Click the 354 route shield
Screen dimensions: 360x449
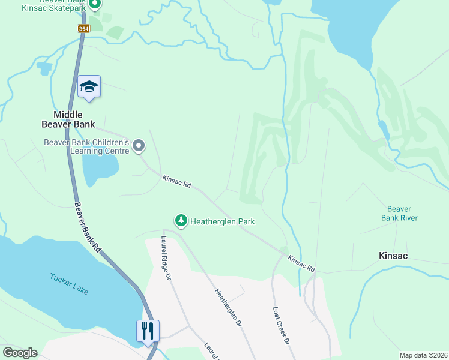coord(84,29)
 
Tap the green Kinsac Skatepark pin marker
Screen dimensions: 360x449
coord(95,5)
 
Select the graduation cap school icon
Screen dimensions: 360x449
coord(89,87)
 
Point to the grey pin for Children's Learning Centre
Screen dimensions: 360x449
coord(139,146)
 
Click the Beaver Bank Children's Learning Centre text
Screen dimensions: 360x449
coord(86,146)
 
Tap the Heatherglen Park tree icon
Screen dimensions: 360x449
coord(181,221)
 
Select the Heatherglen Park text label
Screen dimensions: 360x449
coord(222,221)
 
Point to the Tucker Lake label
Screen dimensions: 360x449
coord(69,284)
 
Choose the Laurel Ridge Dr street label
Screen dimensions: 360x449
coord(166,259)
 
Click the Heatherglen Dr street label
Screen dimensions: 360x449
coord(228,307)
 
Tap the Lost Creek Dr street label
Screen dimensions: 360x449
coord(280,325)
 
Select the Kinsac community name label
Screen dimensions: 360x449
coord(393,256)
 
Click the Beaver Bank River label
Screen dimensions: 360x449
coord(399,213)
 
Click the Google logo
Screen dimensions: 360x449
coord(20,353)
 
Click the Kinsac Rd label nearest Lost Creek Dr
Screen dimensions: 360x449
coord(301,264)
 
